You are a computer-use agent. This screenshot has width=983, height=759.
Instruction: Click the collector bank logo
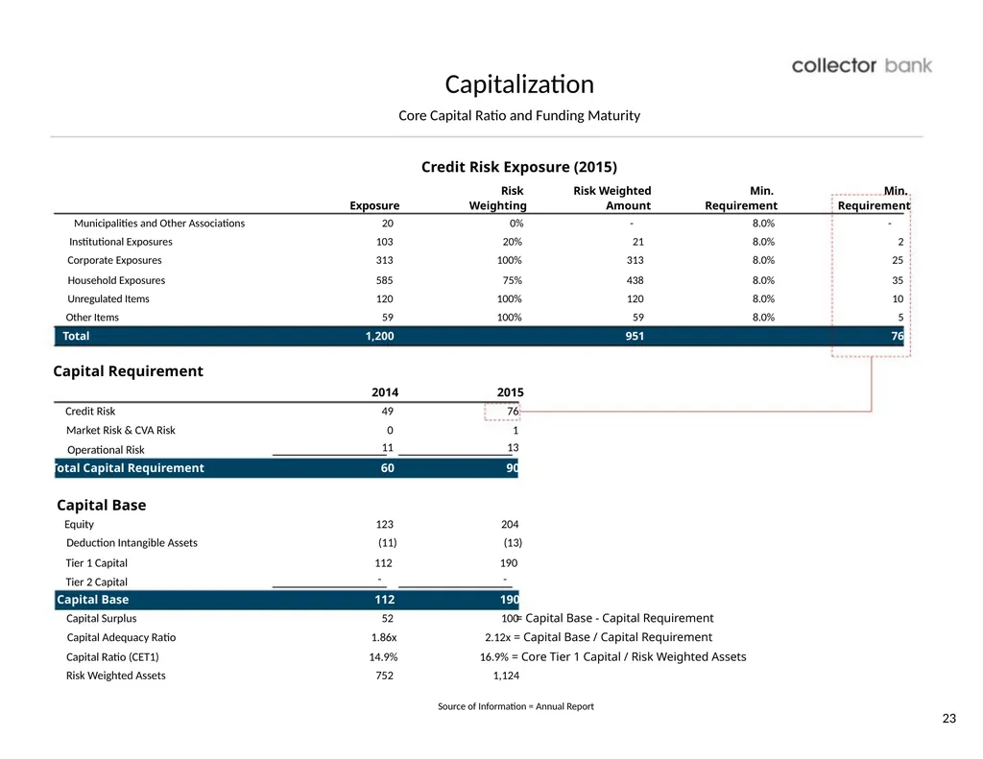(861, 66)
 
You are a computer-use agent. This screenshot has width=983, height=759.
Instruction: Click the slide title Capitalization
(519, 84)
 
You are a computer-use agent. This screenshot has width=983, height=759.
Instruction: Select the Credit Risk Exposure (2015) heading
(519, 167)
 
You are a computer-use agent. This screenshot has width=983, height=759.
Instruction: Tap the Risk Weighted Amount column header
(611, 198)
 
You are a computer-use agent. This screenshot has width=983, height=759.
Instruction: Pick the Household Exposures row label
(116, 280)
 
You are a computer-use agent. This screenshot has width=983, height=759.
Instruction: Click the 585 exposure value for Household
(384, 280)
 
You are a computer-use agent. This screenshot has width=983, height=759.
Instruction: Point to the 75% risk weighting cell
(512, 280)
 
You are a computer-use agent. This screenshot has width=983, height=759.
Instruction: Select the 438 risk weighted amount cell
(635, 280)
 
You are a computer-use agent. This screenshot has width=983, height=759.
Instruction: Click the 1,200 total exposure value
(379, 336)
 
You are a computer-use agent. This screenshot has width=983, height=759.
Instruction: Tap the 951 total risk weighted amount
(635, 336)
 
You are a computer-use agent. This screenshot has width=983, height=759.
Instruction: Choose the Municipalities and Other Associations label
(159, 224)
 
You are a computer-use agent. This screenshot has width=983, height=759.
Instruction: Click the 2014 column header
(385, 392)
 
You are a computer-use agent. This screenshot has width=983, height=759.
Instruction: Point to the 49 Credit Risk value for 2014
(388, 411)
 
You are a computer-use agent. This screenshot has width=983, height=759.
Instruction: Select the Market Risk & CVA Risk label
(120, 430)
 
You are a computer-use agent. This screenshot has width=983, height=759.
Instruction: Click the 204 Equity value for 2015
(510, 524)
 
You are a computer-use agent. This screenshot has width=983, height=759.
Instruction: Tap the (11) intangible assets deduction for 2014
(388, 543)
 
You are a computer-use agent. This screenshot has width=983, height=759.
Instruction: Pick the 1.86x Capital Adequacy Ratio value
(384, 637)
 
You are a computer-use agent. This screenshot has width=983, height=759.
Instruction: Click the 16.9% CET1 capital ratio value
(494, 657)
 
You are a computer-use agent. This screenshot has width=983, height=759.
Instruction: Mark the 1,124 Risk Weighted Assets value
(506, 676)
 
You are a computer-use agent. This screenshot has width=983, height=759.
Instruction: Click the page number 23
(949, 719)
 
